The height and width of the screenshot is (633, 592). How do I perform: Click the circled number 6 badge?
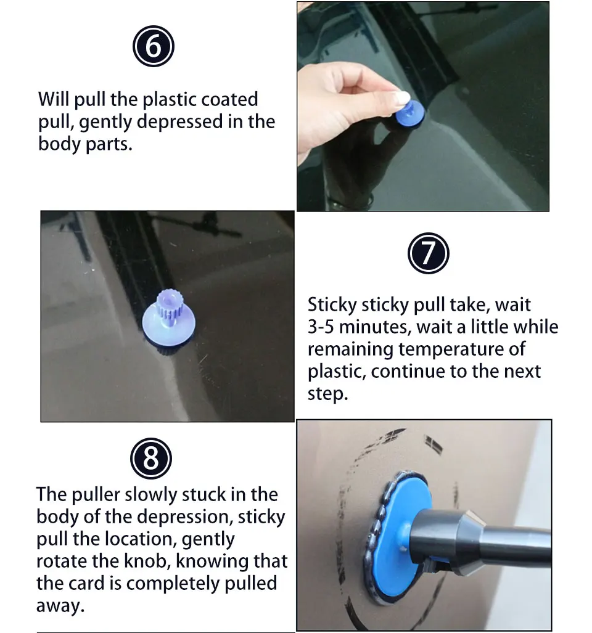click(x=154, y=46)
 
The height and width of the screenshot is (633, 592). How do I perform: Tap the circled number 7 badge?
click(x=428, y=253)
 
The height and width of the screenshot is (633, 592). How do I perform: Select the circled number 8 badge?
click(x=151, y=459)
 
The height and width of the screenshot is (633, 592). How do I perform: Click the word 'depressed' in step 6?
click(x=180, y=121)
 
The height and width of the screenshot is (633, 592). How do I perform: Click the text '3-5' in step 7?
click(x=321, y=327)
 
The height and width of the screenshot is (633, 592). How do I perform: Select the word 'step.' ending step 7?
click(x=327, y=394)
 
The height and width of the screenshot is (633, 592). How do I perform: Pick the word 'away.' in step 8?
click(x=60, y=605)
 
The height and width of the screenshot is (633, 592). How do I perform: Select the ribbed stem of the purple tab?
click(x=170, y=306)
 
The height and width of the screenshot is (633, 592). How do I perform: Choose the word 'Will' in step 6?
click(x=54, y=99)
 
